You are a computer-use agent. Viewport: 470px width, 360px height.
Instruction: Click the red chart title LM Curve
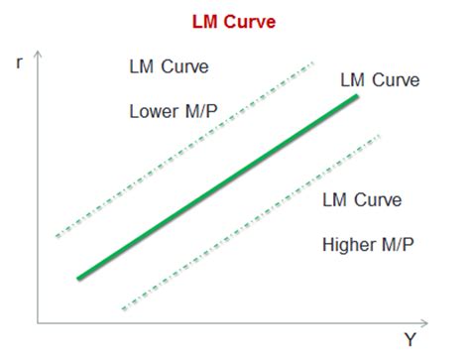236,19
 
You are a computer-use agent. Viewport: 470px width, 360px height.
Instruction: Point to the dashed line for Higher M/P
248,221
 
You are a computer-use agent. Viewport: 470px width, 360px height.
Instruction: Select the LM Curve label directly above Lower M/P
169,67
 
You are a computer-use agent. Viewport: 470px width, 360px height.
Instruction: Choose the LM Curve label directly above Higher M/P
362,199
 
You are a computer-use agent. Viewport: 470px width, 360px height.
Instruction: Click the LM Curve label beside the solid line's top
379,79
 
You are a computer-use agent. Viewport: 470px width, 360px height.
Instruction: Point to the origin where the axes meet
39,323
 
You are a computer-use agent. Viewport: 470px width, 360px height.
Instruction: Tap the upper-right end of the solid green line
357,97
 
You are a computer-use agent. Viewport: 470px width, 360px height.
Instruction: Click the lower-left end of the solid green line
78,278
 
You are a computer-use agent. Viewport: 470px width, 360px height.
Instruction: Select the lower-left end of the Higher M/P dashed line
121,309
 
